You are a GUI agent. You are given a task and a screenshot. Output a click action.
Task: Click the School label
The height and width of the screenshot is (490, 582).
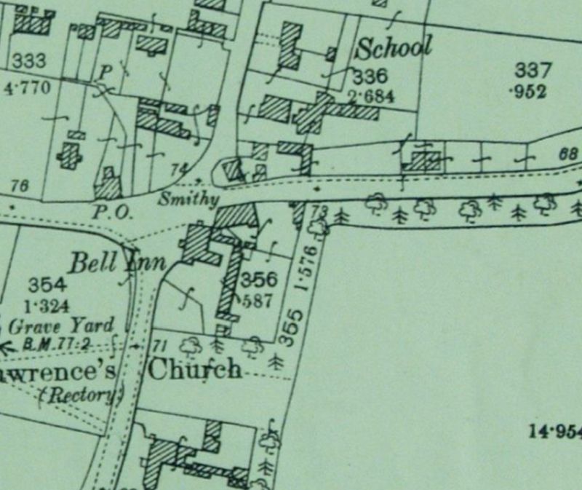coord(394,48)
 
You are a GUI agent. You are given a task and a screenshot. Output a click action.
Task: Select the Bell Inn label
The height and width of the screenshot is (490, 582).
coord(117,261)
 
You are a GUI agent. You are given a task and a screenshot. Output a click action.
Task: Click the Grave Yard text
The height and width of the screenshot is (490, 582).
coord(61,325)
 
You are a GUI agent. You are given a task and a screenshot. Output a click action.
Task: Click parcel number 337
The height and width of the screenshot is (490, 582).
coord(533,71)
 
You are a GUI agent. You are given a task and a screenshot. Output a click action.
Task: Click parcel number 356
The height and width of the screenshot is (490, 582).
coord(259,280)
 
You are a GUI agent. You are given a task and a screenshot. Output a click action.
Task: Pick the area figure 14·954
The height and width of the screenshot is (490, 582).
coord(556,431)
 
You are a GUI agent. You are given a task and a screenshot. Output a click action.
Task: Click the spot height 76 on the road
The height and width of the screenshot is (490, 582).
coord(20,186)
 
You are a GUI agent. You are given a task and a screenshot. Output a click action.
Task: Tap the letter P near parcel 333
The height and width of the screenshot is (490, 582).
coord(105,71)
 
